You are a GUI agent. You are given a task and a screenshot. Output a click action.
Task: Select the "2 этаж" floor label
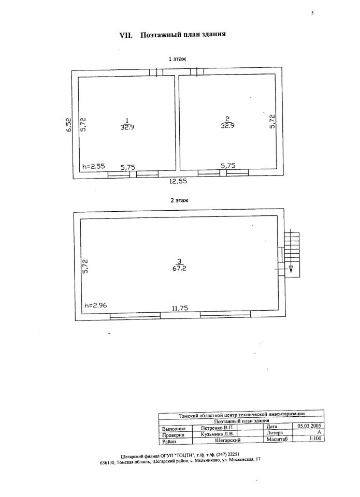pos(179,199)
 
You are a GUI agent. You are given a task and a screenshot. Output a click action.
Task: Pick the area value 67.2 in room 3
pos(179,270)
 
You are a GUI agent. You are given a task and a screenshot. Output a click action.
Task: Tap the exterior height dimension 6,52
pos(68,125)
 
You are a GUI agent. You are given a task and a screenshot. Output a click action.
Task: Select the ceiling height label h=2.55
pos(94,167)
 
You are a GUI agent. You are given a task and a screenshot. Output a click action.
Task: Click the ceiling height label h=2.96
pos(95,306)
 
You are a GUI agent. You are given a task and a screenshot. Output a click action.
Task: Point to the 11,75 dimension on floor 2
pos(179,309)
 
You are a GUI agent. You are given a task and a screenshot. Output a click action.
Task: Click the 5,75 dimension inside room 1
pos(128,167)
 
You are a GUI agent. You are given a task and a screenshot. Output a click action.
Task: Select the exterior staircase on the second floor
pos(292,247)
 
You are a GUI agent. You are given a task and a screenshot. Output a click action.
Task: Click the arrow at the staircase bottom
pos(291,269)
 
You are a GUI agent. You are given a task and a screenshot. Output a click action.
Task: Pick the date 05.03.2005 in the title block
pos(307,426)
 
